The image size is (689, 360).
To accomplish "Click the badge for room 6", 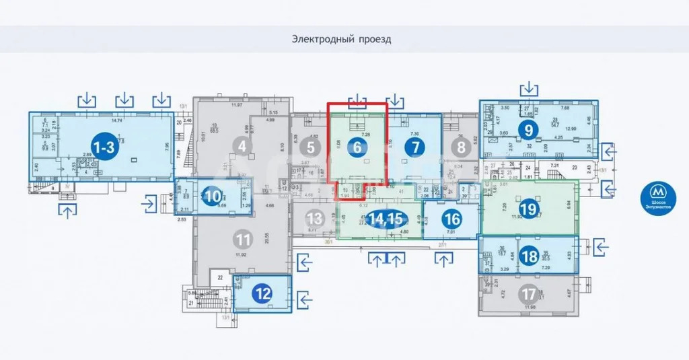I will (x=358, y=147).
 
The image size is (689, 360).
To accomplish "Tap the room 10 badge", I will (x=213, y=197).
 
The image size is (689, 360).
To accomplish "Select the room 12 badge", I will (x=263, y=293).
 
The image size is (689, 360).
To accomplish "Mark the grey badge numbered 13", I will (x=314, y=218).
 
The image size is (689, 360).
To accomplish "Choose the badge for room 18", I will (x=530, y=256).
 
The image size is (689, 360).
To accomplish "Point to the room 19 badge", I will (x=528, y=209).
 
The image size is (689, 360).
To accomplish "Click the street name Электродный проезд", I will (x=341, y=39).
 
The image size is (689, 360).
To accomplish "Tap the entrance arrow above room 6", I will (x=357, y=102).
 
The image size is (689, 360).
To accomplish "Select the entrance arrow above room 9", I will (x=530, y=88).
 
